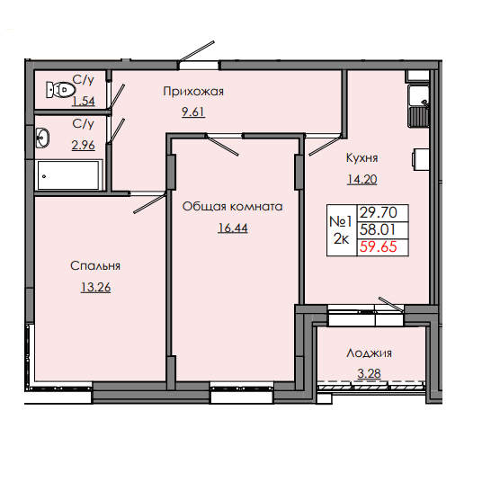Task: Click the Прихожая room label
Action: coord(192,91)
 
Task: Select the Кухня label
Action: coord(362,156)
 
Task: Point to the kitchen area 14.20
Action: coord(362,179)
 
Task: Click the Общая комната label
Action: coord(232,206)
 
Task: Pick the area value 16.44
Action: coord(232,229)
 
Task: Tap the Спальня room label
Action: coord(96,265)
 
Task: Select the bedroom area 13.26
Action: coord(96,288)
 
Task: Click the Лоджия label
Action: coord(370,353)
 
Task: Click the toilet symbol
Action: coord(61,90)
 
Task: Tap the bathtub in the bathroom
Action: coord(70,175)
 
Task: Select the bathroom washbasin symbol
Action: coord(42,138)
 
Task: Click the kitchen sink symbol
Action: coord(417,106)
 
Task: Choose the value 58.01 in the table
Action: coord(378,231)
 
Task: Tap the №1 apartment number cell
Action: coord(340,219)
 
